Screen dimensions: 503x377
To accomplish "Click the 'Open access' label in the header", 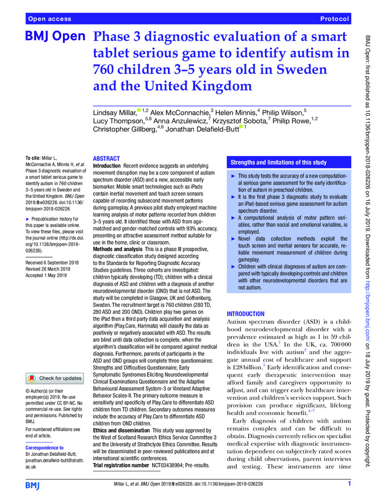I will (50, 19).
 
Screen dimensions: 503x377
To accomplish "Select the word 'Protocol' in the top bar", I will (334, 19).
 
